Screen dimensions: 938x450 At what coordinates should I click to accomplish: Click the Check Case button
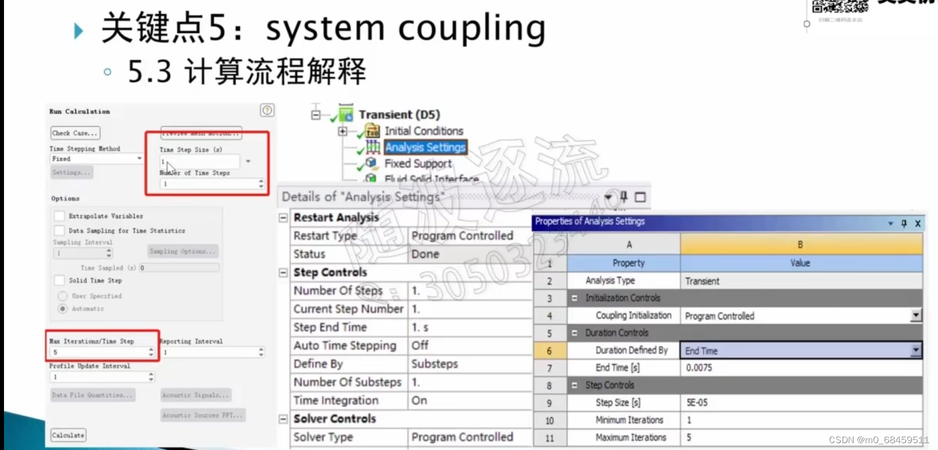tap(75, 133)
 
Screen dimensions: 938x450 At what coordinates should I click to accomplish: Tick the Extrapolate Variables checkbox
tap(59, 216)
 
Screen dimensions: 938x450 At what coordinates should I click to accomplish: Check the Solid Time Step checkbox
tap(59, 280)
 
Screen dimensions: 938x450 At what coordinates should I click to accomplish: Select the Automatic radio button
tap(63, 308)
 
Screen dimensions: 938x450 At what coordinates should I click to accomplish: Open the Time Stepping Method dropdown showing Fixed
tap(96, 159)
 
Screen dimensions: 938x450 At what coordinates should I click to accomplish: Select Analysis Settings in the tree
tap(425, 147)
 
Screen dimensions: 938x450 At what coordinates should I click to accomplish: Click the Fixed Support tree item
tap(418, 163)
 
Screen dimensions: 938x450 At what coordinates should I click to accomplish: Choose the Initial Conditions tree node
tap(423, 131)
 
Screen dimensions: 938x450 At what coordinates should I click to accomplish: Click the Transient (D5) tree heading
tap(399, 114)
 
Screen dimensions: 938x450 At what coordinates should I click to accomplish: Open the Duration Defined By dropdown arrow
tap(915, 350)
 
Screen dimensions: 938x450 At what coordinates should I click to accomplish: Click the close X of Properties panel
tap(917, 224)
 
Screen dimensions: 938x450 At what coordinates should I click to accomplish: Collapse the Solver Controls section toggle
tap(283, 419)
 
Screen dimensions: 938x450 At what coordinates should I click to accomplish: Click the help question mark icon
tap(267, 110)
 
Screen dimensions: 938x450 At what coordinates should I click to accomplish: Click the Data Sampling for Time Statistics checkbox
tap(59, 231)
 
